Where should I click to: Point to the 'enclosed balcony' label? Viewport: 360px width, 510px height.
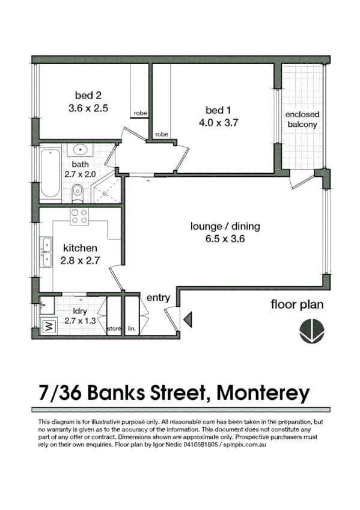click(x=302, y=119)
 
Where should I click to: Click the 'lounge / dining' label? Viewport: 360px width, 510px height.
click(x=225, y=227)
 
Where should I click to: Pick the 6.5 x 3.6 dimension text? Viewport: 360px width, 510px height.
click(x=225, y=239)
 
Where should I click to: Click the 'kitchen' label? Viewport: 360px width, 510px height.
click(x=80, y=248)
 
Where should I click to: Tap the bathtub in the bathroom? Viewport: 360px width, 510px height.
click(x=49, y=174)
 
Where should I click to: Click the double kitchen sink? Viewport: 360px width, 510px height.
click(x=46, y=252)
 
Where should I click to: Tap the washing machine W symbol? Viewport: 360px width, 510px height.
click(x=47, y=328)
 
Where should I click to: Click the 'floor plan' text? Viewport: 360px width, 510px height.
click(x=296, y=304)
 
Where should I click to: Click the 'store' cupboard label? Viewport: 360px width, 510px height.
click(x=114, y=329)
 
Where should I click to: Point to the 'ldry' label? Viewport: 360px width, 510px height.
click(x=80, y=311)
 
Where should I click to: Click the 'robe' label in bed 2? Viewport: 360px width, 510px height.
click(x=140, y=112)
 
